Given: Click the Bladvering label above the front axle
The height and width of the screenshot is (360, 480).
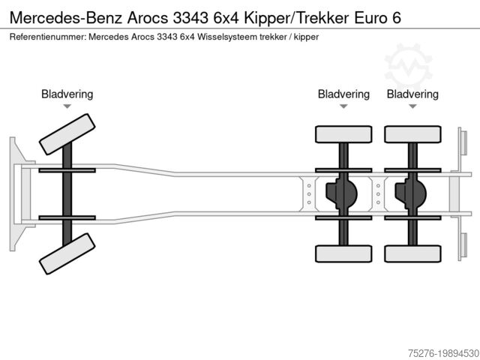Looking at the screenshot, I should point(67,94).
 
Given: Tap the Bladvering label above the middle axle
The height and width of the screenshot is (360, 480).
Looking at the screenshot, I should point(343,94).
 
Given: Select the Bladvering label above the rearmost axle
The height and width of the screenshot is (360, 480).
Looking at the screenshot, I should point(412,94).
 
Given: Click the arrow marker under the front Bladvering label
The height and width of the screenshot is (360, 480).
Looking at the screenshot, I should point(67,106).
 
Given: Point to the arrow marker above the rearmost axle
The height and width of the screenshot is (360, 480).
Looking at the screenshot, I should point(412,106).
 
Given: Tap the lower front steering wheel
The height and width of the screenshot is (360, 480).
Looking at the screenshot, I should point(67,253).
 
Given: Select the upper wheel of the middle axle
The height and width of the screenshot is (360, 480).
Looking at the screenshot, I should point(343,134).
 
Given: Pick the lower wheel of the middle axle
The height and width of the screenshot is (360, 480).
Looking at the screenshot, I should point(343,253).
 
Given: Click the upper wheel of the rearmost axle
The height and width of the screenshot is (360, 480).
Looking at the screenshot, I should point(412,134).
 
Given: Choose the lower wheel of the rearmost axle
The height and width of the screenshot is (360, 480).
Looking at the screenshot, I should point(412,253).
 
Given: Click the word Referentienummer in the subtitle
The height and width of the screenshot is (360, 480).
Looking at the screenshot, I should point(46,36).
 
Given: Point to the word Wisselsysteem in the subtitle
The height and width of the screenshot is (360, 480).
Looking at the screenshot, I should point(227,36).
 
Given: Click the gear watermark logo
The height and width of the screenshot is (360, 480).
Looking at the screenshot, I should point(408,64).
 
